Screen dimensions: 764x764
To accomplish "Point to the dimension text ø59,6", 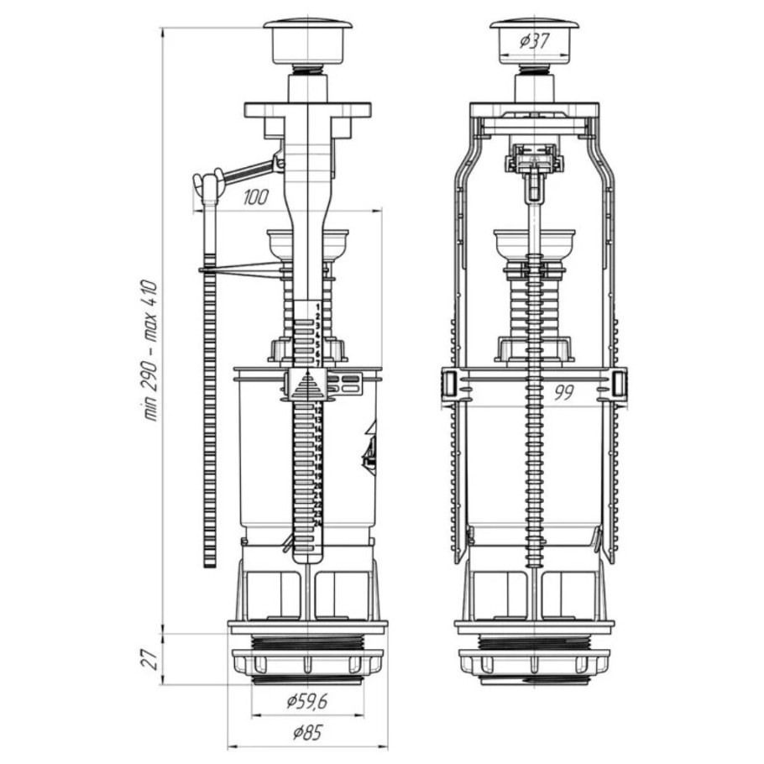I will (x=306, y=701).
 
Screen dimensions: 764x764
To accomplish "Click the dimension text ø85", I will (x=306, y=732).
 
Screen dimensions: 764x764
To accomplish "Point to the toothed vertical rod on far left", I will (x=209, y=420).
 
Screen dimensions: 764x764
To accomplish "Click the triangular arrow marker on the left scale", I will (x=306, y=387).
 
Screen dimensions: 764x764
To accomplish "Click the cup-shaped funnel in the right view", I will (x=533, y=243).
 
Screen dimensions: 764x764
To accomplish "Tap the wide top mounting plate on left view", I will (x=307, y=109).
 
